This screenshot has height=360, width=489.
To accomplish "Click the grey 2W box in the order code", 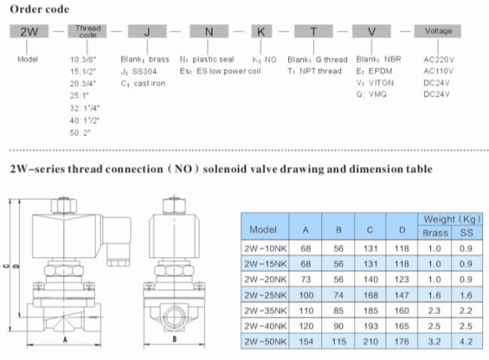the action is tap(29, 31).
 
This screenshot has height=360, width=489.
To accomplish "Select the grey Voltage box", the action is tap(438, 31).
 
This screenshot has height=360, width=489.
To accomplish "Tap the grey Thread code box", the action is tap(87, 31).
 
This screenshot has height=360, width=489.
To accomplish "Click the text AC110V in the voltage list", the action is tap(438, 71).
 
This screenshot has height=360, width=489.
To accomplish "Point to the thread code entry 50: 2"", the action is tap(80, 133).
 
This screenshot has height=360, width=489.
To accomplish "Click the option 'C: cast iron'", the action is tap(143, 83).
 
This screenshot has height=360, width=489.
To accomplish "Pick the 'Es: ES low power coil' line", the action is tap(220, 71).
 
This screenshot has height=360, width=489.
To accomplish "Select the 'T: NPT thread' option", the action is tap(314, 71).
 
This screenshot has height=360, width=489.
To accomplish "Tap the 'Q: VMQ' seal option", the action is tap(372, 94).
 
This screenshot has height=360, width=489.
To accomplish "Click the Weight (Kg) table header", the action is tap(451, 219).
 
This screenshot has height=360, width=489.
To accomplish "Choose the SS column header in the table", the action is tap(466, 233).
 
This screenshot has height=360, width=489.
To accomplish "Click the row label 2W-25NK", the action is tap(265, 295).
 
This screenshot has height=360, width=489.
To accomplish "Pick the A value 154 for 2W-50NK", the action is tap(306, 342).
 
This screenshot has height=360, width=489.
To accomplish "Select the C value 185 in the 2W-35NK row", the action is tap(370, 310).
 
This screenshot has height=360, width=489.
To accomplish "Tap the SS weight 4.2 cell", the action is tap(466, 342).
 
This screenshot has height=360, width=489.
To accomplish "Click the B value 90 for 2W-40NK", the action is tap(339, 326).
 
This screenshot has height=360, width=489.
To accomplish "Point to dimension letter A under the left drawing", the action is tap(65, 340).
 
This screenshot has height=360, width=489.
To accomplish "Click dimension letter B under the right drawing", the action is tap(175, 339).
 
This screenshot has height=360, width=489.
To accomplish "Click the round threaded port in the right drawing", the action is tap(175, 317).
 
